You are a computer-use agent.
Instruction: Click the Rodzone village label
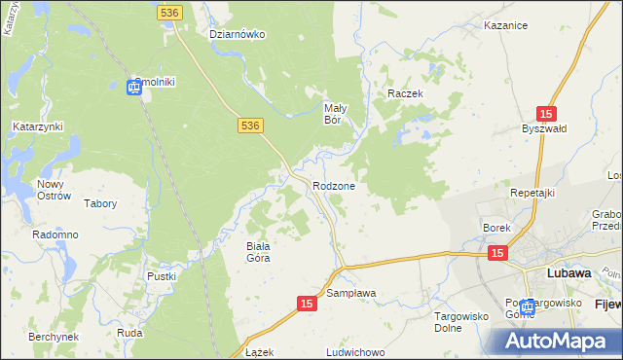334,186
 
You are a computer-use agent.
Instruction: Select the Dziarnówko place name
238,34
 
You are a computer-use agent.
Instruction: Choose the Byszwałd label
543,129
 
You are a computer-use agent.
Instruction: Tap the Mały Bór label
336,114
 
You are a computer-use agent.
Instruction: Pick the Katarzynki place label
37,126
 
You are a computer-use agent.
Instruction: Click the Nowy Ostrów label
55,189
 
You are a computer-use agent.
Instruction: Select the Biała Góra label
257,252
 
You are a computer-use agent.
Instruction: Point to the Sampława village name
351,292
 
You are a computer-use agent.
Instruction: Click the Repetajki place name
531,193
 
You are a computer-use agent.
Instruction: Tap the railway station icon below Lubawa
527,306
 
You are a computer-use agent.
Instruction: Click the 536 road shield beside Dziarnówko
168,11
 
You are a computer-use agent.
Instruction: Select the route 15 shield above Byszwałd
546,114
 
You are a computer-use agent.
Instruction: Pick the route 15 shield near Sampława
307,305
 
